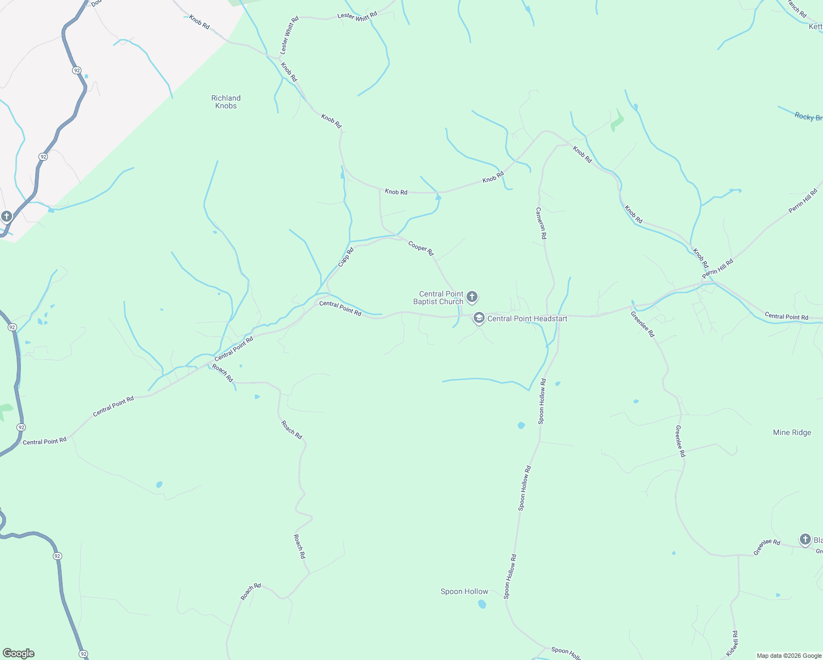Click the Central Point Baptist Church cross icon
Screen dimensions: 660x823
pos(471,298)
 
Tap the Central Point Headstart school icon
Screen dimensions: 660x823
pos(479,318)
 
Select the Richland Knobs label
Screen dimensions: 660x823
pos(226,102)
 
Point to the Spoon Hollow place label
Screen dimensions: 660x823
pos(464,592)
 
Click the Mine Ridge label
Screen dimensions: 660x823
pos(792,433)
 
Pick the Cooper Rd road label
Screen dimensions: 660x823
pos(421,248)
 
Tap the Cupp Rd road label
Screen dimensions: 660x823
pos(345,257)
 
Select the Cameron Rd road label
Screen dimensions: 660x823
pos(541,223)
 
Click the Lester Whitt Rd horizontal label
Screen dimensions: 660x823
pos(357,16)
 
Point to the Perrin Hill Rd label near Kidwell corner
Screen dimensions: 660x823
pos(717,269)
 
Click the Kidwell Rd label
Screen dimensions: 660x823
pos(732,643)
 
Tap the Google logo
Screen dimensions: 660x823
pos(19,653)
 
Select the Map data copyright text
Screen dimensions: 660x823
pos(788,656)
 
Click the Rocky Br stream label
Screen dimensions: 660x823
pos(808,117)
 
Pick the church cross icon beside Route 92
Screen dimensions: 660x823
pos(6,216)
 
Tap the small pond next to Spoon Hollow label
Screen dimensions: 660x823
pos(482,604)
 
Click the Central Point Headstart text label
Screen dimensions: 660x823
pos(527,318)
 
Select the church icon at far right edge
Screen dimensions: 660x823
pos(805,540)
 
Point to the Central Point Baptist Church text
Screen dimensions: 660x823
pos(438,298)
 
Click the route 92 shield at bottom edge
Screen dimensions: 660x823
pos(83,654)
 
